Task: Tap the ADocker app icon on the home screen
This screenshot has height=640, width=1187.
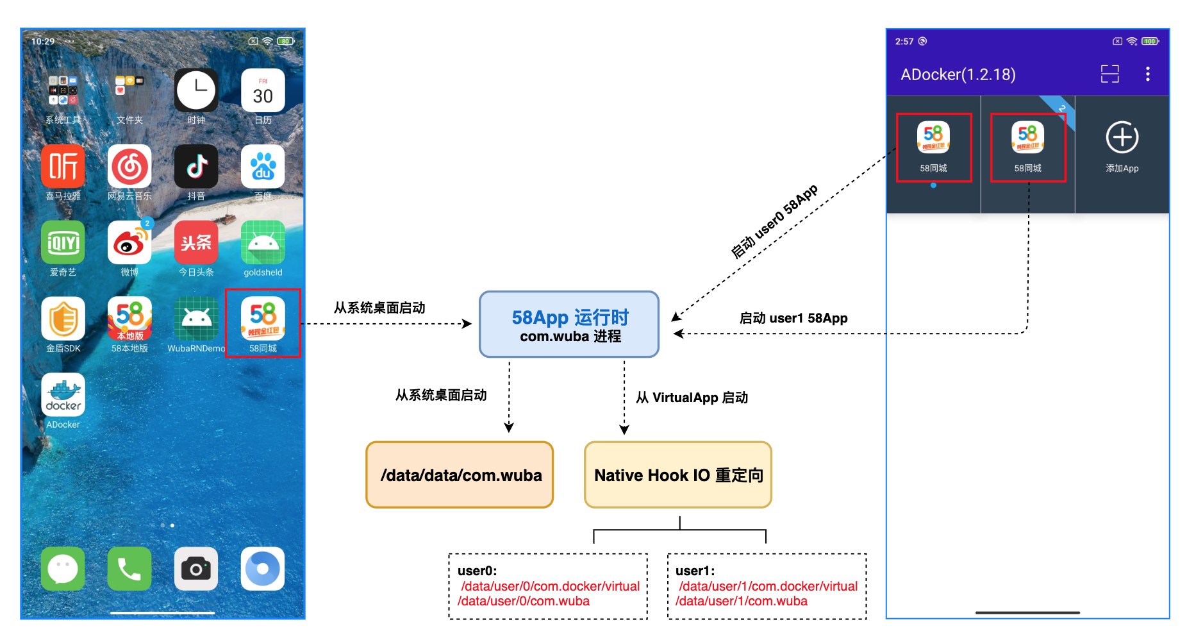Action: click(x=63, y=395)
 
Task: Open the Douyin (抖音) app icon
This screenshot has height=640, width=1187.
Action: click(x=196, y=167)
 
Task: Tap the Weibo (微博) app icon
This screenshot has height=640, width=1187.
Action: click(x=129, y=243)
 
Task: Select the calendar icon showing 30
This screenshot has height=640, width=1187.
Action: click(x=263, y=91)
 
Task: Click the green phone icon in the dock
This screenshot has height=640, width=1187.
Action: click(x=129, y=569)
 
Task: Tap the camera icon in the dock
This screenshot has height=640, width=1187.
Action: click(x=196, y=569)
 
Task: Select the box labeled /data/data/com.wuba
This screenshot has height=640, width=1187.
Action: click(x=460, y=475)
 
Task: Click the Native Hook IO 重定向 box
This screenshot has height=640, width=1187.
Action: click(x=678, y=475)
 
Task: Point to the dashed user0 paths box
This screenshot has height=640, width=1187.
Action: click(x=548, y=586)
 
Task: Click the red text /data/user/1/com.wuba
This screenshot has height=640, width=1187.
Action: click(x=742, y=602)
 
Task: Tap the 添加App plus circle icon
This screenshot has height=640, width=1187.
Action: click(x=1122, y=137)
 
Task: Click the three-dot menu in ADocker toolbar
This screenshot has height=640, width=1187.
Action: click(x=1147, y=74)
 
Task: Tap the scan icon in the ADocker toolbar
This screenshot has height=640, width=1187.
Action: click(x=1109, y=74)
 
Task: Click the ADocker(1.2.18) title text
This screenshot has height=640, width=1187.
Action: click(x=958, y=74)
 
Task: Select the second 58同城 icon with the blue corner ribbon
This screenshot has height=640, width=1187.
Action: click(x=1027, y=138)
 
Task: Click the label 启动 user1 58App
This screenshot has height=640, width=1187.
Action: click(x=793, y=318)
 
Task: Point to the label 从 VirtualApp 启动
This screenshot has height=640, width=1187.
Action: click(x=692, y=398)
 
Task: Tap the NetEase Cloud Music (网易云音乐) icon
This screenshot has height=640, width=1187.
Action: click(x=129, y=167)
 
